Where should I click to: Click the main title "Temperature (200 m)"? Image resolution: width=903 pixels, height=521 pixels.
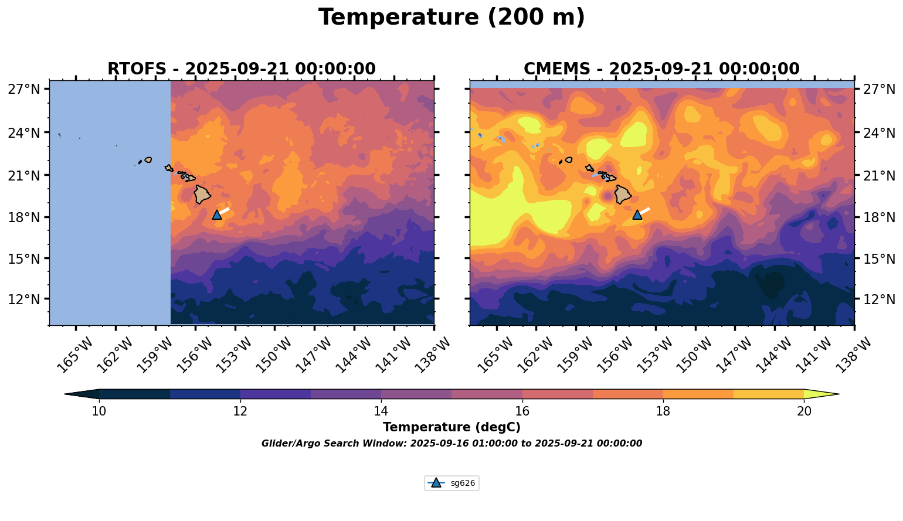[451, 18]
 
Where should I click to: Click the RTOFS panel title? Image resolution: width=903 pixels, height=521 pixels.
[241, 69]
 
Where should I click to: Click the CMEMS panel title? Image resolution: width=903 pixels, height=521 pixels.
[661, 69]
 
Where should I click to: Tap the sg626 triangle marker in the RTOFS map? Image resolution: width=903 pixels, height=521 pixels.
[217, 214]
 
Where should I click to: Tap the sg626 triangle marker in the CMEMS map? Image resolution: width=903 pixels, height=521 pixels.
[637, 214]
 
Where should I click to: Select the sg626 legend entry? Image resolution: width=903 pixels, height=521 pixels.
[452, 483]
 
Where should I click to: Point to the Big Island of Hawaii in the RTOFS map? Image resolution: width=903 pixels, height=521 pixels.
[202, 194]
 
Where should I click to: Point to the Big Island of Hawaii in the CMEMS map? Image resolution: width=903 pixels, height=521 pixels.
[623, 194]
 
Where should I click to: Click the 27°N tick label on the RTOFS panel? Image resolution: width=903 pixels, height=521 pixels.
[23, 90]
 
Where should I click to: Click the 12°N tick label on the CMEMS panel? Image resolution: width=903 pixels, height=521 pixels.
[879, 299]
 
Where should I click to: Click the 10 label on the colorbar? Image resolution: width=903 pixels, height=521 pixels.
[99, 411]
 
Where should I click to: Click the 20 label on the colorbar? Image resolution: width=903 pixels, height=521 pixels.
[804, 411]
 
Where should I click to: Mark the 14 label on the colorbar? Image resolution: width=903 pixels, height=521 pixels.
[381, 411]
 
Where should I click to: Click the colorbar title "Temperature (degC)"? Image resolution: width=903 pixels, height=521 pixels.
[451, 427]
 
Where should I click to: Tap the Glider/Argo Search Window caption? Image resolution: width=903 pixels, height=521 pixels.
[451, 444]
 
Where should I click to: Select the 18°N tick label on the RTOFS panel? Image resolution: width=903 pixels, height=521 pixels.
[23, 217]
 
